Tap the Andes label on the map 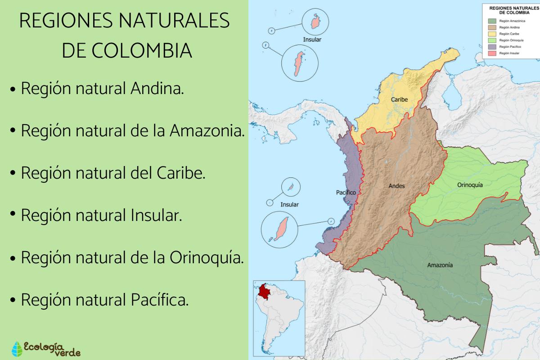(396, 185)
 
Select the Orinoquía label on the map (470, 185)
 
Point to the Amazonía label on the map (440, 265)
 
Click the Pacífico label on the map (346, 193)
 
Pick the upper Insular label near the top (312, 39)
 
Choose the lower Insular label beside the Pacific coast (289, 204)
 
